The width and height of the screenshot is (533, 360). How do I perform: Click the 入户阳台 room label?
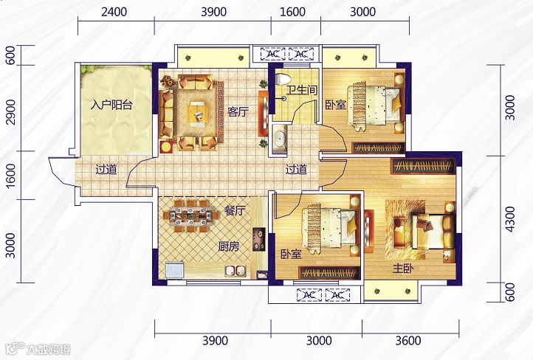(x=111, y=105)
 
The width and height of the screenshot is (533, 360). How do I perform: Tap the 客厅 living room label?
(x=238, y=111)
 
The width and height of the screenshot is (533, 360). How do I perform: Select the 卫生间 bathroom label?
(x=302, y=90)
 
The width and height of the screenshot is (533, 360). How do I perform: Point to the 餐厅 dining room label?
(x=235, y=211)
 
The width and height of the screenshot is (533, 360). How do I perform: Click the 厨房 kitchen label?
(x=228, y=246)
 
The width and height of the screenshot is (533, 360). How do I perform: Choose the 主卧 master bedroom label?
(x=403, y=269)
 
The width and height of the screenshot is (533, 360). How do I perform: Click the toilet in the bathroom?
(x=283, y=79)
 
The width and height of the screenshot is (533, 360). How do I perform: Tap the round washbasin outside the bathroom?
(x=280, y=139)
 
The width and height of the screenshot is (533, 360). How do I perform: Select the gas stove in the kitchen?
(x=258, y=240)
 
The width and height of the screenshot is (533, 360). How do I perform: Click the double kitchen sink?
(x=236, y=271)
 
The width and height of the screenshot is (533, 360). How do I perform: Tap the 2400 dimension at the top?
(x=114, y=12)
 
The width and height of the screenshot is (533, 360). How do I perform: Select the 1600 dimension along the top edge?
(x=292, y=12)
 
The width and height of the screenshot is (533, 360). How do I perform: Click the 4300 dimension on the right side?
(x=510, y=219)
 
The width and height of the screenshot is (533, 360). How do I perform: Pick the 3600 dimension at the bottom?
(x=408, y=340)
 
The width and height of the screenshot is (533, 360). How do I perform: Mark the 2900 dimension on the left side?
(x=11, y=112)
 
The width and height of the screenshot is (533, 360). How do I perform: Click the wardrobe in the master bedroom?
(x=423, y=166)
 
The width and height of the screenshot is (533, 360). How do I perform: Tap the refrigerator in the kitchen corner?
(x=175, y=270)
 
